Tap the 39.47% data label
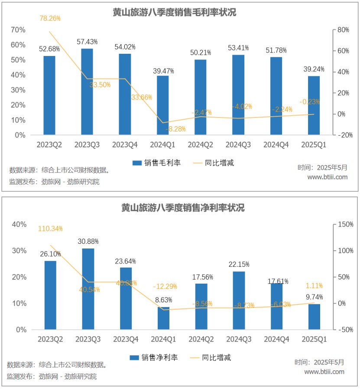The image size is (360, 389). coord(163,70)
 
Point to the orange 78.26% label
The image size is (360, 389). coord(50,19)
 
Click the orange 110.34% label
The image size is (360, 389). coord(50,229)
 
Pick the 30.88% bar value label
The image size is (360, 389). coord(88,241)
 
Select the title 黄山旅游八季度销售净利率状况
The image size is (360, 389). coord(182,208)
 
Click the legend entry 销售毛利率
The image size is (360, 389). coord(156,163)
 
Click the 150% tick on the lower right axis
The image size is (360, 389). coord(345,224)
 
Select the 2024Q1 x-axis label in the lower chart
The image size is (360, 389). coord(163,339)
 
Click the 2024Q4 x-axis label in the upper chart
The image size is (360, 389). coord(276,144)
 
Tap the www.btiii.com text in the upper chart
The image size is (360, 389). coord(327,177)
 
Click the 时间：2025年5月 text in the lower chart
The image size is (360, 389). coord(319,362)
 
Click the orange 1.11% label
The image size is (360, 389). coord(314,286)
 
